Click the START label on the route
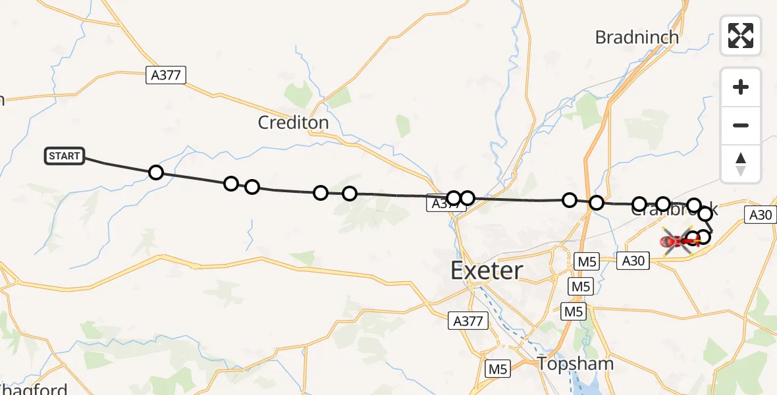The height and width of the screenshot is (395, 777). (x=65, y=156)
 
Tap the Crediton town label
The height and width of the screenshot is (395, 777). (x=293, y=122)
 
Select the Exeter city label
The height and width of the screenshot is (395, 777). (x=487, y=271)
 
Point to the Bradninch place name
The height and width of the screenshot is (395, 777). (x=636, y=38)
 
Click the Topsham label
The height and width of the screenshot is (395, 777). (x=576, y=363)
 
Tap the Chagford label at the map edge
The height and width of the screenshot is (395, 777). (x=33, y=388)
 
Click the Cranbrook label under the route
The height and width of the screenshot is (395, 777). (x=674, y=211)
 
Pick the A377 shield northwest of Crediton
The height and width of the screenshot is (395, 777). (x=165, y=75)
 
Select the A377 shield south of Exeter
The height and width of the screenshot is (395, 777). (x=469, y=321)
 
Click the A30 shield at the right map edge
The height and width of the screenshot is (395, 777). (x=761, y=214)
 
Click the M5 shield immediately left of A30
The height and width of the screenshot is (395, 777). (x=587, y=261)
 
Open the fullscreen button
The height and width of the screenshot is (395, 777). (x=741, y=35)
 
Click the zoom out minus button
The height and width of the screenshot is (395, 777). (x=741, y=125)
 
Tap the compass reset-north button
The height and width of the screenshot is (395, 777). (x=741, y=163)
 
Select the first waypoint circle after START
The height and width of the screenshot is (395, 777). (x=155, y=172)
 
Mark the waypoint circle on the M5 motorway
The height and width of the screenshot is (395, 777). (x=596, y=203)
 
